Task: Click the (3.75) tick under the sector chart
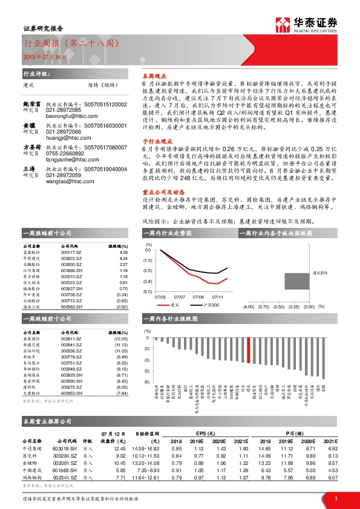pos(263,306)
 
